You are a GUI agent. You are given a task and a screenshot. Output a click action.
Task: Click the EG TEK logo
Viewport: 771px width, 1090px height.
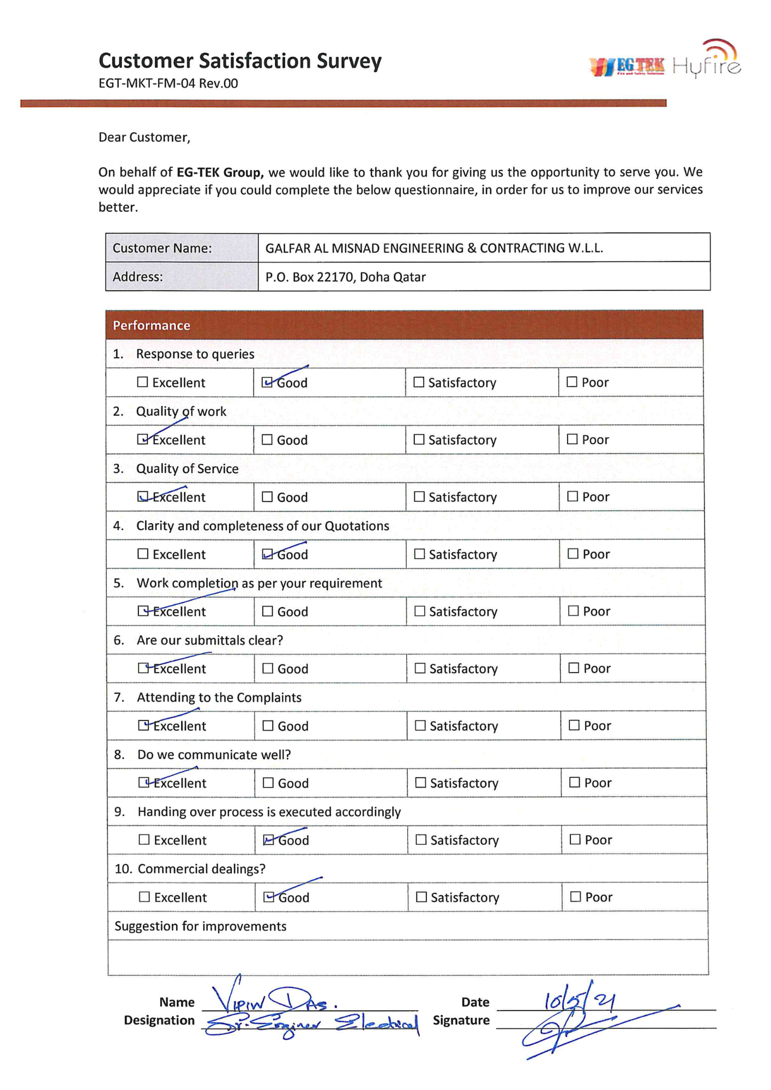pos(628,66)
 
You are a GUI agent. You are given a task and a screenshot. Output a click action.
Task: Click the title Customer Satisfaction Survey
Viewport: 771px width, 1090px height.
pos(240,60)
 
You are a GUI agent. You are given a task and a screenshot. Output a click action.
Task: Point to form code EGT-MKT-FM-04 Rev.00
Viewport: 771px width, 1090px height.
pos(168,83)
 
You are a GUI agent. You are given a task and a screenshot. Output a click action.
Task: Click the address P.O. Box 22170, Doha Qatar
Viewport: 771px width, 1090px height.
pos(345,277)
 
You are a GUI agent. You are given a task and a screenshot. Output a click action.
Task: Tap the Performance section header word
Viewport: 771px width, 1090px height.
pos(151,325)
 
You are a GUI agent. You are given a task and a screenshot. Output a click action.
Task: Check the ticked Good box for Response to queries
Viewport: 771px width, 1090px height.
pos(267,382)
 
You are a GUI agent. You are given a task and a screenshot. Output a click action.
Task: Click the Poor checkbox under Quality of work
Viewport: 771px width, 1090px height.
pos(572,439)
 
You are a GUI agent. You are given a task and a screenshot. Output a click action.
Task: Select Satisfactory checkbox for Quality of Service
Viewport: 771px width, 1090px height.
pos(419,496)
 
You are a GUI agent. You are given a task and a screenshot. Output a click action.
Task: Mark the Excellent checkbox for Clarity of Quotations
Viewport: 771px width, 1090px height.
pos(143,554)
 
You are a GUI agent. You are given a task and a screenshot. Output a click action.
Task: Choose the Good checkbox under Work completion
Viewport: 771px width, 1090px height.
pos(268,611)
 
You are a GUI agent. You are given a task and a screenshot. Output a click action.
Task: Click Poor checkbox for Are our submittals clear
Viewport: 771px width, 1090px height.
pos(574,668)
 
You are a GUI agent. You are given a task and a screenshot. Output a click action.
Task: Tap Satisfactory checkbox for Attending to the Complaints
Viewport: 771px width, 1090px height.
pos(420,725)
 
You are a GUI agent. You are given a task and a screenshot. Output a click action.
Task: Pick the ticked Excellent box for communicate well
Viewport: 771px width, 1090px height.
pos(143,783)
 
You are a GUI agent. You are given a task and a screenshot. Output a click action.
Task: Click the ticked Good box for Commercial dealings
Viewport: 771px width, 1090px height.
pos(269,897)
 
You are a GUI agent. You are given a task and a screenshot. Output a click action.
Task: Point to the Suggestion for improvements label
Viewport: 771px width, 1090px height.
pos(200,926)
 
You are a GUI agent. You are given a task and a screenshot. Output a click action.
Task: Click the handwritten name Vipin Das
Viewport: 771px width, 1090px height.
pos(275,1000)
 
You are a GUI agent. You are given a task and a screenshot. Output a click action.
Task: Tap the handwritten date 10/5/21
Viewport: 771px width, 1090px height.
pos(580,1001)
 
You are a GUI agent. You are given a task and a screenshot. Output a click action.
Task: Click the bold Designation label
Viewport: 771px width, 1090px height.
pos(159,1020)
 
